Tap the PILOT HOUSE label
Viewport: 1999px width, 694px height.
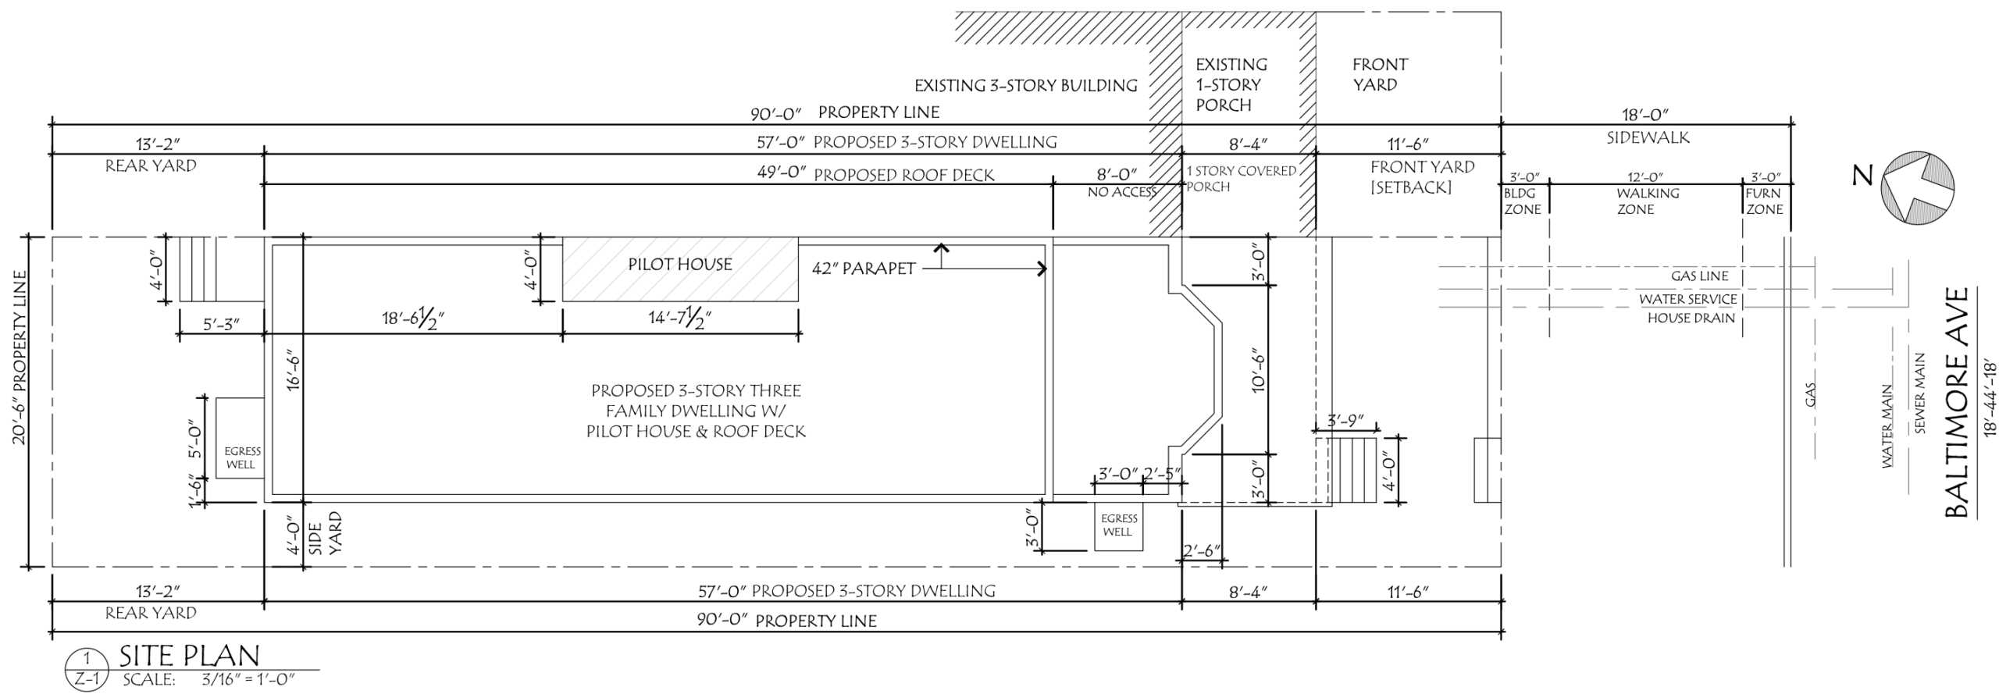[680, 265]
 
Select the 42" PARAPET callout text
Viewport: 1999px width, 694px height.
[864, 269]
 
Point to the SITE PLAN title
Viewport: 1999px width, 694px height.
[189, 656]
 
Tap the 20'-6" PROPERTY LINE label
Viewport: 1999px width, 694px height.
[19, 358]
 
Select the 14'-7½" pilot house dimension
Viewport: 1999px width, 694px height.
[680, 318]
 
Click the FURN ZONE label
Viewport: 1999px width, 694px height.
[1764, 201]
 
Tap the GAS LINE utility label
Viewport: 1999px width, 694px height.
[1700, 276]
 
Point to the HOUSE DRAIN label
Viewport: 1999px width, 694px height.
[1691, 319]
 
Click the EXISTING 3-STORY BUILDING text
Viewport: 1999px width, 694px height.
[1026, 86]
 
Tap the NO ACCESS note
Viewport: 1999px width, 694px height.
[1122, 192]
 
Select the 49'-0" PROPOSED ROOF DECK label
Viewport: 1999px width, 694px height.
[875, 174]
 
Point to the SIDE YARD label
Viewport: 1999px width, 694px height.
[326, 533]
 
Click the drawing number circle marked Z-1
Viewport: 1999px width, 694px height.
[85, 671]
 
